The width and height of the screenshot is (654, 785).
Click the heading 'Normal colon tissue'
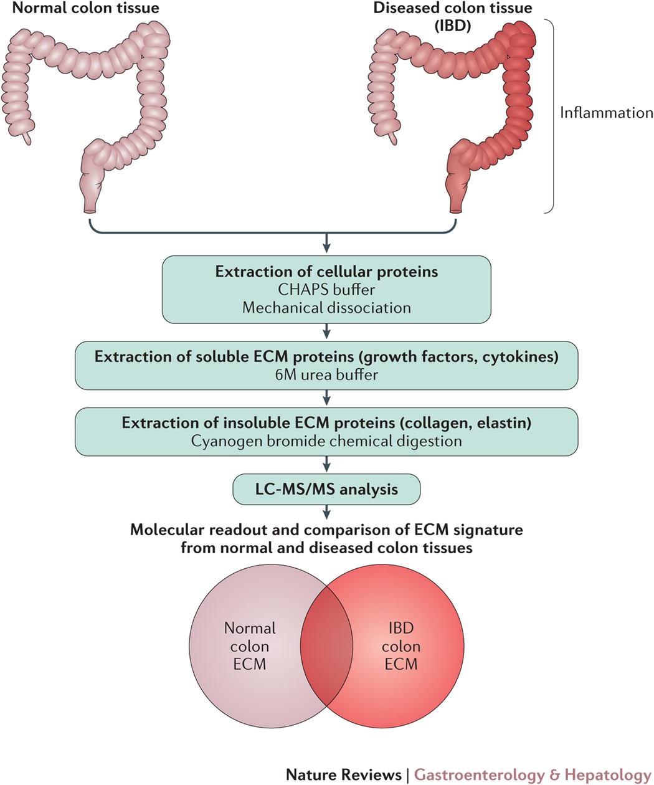pos(86,8)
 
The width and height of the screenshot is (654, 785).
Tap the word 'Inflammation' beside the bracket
pos(606,113)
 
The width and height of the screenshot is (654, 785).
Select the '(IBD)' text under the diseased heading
pos(453,26)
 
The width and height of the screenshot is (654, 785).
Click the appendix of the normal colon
pos(26,138)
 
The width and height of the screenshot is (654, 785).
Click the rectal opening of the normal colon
pos(90,211)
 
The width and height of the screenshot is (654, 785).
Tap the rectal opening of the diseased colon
pos(455,211)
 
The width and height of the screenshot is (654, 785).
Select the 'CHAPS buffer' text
pos(326,290)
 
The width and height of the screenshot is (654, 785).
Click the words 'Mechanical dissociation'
pos(326,308)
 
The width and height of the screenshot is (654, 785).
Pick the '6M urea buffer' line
pos(326,375)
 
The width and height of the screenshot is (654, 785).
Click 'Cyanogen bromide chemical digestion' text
pos(326,441)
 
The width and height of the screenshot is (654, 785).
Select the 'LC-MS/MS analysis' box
pos(326,489)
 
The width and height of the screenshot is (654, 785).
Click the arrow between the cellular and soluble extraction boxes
pos(326,331)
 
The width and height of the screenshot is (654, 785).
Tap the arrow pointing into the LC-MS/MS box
pos(326,464)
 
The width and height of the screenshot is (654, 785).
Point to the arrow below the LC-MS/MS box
pos(326,511)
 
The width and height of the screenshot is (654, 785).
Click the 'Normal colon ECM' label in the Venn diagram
pos(250,646)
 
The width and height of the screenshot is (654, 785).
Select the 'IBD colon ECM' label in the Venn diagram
pos(401,646)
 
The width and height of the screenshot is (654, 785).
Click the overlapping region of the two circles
pos(326,646)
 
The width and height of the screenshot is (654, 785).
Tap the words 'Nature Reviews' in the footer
pos(344,775)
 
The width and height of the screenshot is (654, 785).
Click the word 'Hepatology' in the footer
pos(608,776)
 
